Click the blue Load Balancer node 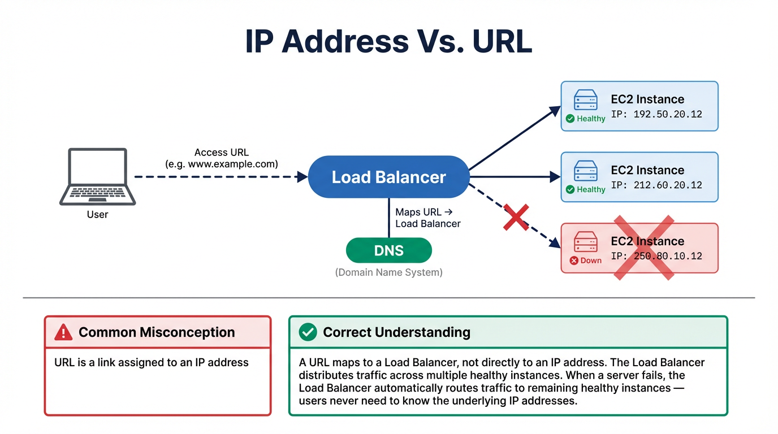[388, 177]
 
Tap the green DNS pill [388, 250]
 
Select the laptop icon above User [97, 176]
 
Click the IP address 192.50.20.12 [656, 114]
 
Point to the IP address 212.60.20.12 [656, 185]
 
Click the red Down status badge [585, 261]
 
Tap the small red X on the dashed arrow [516, 218]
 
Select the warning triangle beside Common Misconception [63, 332]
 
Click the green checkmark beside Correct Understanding [308, 332]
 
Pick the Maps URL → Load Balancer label [427, 218]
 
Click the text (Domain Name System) [388, 272]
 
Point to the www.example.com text [221, 164]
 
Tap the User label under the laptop [97, 215]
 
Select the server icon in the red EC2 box [585, 242]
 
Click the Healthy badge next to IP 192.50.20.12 [585, 119]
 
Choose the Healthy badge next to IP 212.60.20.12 [585, 189]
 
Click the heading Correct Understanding [396, 332]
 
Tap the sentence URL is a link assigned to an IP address [152, 363]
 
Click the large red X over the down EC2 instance [645, 247]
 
